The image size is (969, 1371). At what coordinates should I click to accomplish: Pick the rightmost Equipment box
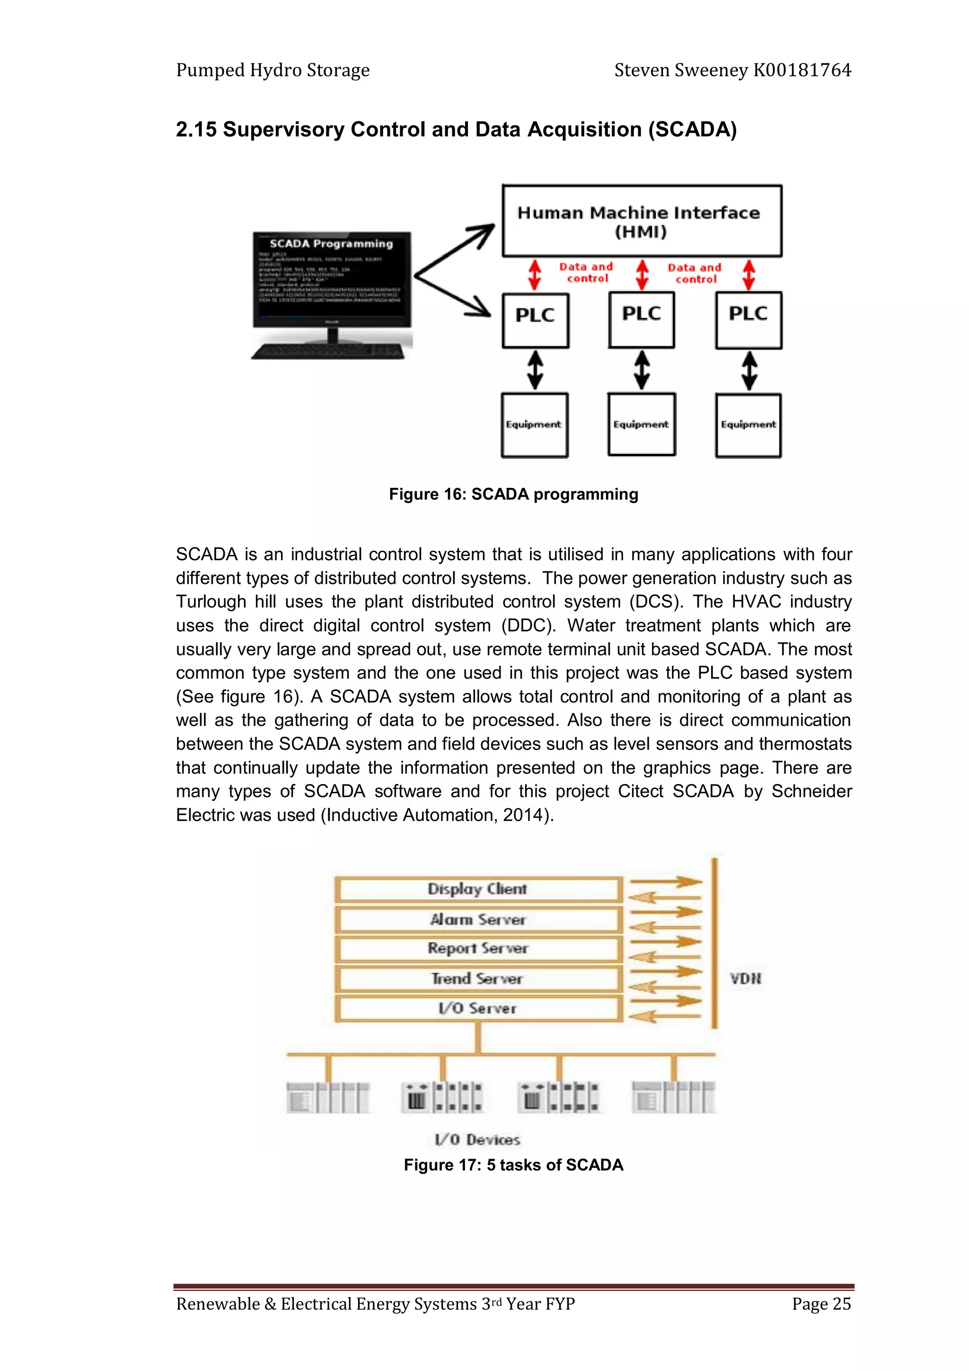coord(748,425)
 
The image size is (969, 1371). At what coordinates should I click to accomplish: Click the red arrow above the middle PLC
coord(642,274)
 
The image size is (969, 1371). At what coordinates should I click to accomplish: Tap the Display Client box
coord(477,889)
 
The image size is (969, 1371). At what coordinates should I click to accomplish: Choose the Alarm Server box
coord(477,920)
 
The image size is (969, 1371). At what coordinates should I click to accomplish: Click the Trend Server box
coord(477,979)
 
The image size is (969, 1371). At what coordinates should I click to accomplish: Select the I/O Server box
coord(477,1008)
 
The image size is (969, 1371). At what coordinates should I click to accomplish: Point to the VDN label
coord(745,979)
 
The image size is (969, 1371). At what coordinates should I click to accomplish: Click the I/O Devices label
coord(477,1139)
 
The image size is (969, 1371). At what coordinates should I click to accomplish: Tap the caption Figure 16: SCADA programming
coord(513,495)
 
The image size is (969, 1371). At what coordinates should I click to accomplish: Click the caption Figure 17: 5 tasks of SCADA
coord(513,1165)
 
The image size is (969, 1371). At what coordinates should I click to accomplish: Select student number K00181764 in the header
coord(802,71)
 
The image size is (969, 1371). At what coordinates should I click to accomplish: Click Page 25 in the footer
coord(821,1303)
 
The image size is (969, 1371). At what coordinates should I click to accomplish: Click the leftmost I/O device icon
coord(328,1097)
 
